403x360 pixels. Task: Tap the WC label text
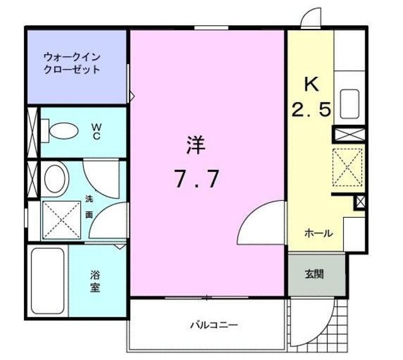pos(97,131)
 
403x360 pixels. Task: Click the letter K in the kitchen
pos(310,85)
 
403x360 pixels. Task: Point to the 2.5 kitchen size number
pos(310,111)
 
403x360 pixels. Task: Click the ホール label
pos(319,233)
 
